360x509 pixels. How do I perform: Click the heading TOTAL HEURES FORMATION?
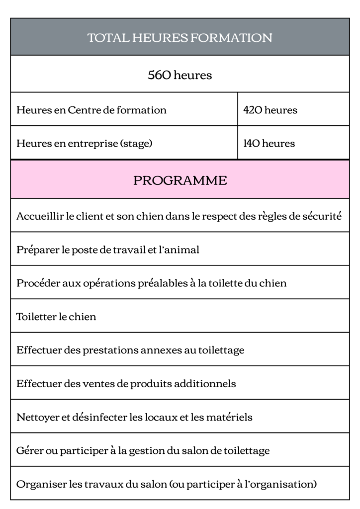tap(180, 38)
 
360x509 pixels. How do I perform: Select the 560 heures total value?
tap(180, 75)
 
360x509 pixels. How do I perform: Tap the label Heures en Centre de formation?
tap(91, 110)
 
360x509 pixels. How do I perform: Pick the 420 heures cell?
tap(270, 110)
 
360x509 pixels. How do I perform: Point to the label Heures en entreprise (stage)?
tap(84, 144)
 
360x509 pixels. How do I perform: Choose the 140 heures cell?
tap(269, 144)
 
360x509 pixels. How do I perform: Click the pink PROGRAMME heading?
tap(180, 180)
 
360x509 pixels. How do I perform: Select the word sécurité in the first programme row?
tap(322, 216)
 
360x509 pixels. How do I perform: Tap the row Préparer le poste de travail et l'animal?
tap(108, 250)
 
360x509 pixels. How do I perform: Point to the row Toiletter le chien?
tap(56, 317)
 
